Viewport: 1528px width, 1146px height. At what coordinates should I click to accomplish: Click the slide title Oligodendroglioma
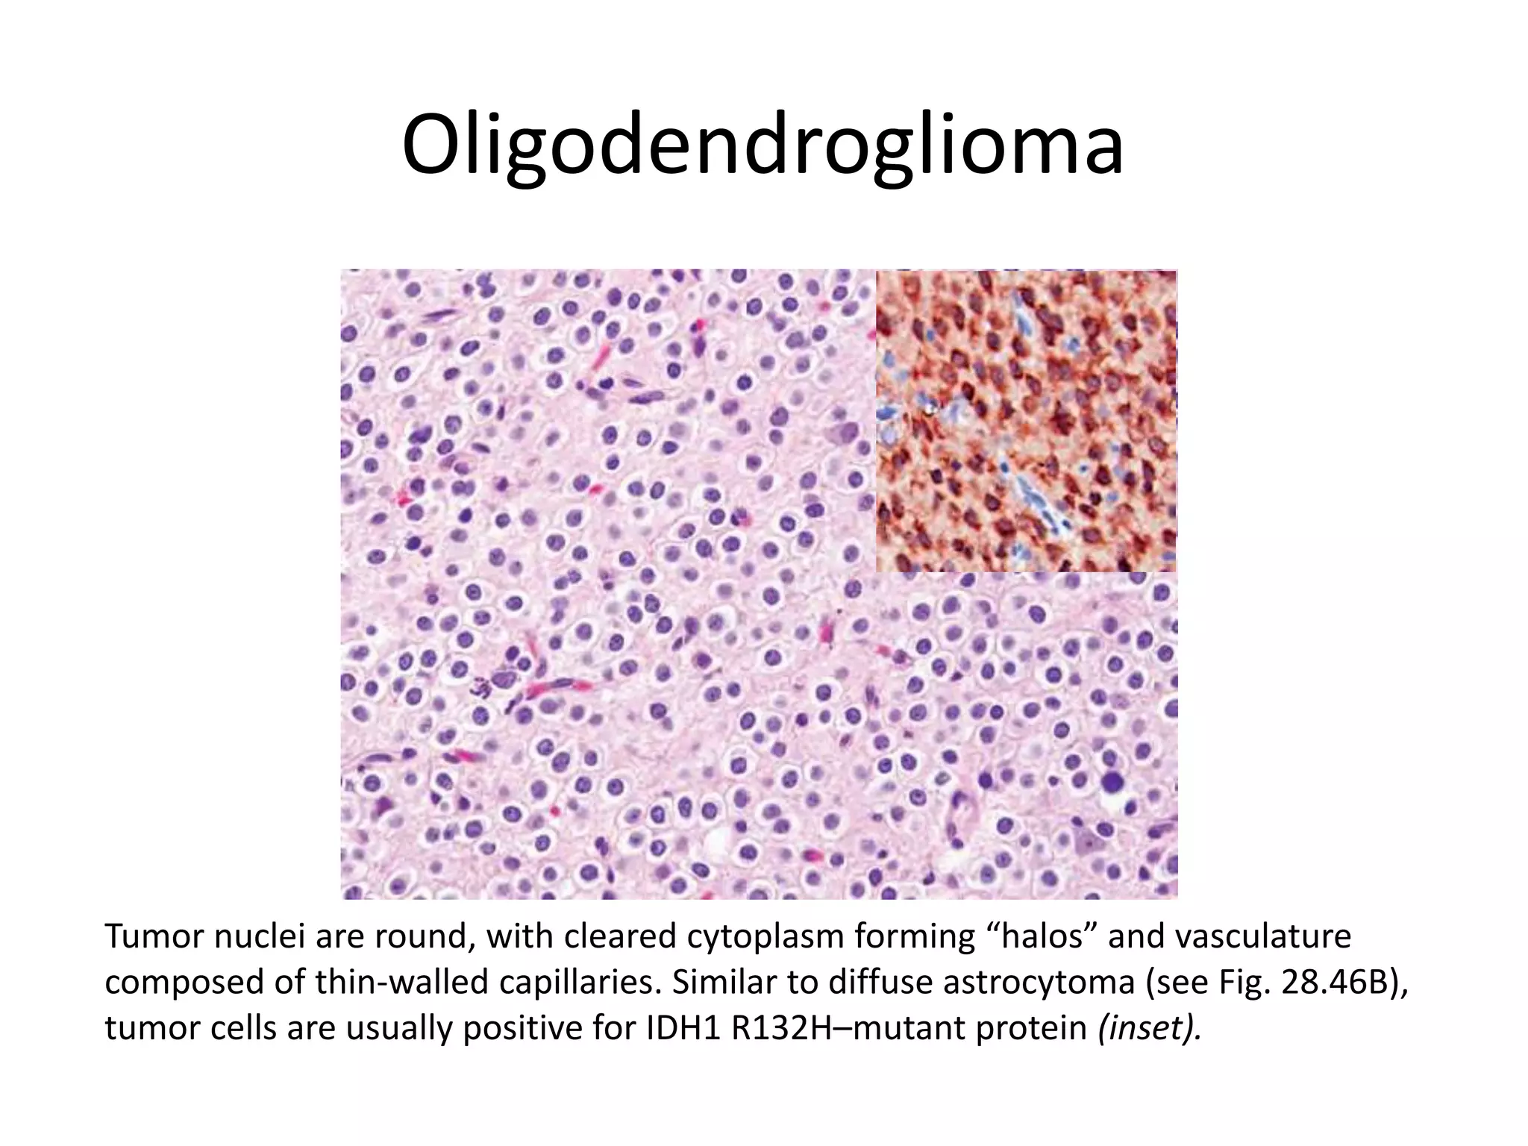click(763, 145)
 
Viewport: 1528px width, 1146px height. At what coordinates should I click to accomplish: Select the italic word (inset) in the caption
click(1150, 1028)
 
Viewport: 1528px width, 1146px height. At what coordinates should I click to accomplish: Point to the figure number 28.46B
click(1335, 983)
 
